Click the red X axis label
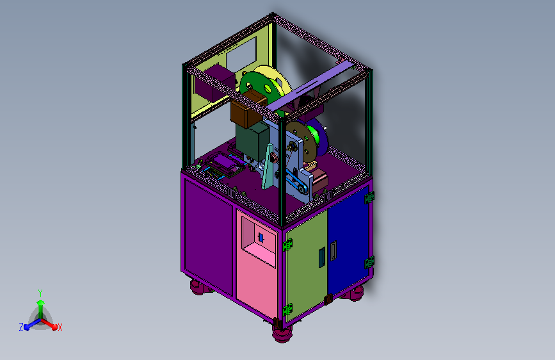(x=60, y=327)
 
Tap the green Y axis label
(x=40, y=293)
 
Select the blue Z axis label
(x=21, y=327)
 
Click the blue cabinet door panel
(x=348, y=241)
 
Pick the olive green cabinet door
(x=307, y=264)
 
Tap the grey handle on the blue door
(x=334, y=250)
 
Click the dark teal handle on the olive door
(x=322, y=258)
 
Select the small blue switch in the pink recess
(x=261, y=238)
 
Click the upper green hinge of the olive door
(x=287, y=245)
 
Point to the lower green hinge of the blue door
(x=369, y=262)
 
